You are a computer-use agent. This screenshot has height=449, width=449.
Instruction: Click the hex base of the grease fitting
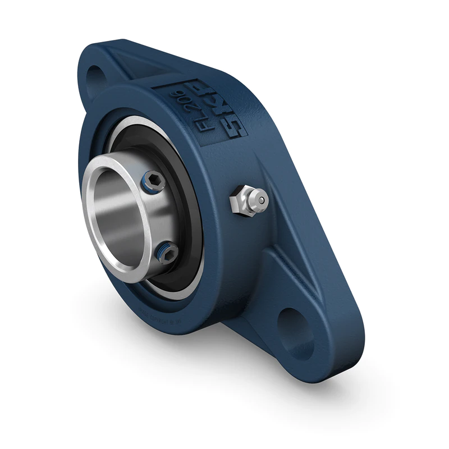click(x=240, y=203)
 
